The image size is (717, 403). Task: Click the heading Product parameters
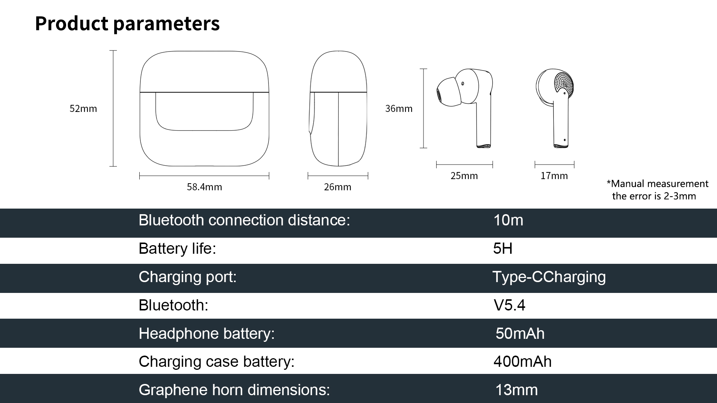(127, 24)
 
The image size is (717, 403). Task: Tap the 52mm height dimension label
(83, 109)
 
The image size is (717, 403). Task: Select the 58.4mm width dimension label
(204, 187)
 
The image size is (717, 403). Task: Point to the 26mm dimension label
(338, 187)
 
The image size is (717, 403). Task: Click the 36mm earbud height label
(399, 109)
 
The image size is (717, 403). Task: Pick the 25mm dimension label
(464, 176)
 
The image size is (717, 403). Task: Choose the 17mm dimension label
(554, 176)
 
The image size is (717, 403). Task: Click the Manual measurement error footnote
(657, 190)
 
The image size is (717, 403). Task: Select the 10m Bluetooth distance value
(508, 220)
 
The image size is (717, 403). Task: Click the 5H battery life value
(503, 249)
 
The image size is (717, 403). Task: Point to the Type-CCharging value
(549, 277)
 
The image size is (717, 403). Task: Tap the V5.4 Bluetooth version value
(509, 305)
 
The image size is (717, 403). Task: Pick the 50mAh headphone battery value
(520, 334)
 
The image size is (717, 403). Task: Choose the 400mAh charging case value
(522, 362)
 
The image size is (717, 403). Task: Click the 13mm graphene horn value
(516, 390)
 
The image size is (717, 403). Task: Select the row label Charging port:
(187, 277)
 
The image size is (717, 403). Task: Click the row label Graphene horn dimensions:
(234, 390)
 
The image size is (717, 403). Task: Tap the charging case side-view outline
(338, 109)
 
